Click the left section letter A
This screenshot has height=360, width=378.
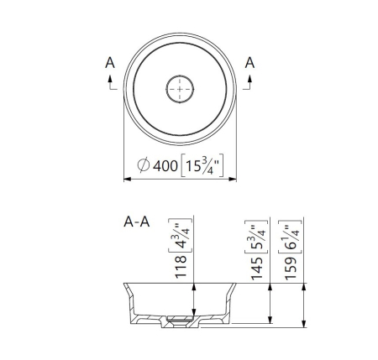pos(110,63)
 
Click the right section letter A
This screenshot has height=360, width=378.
pos(249,63)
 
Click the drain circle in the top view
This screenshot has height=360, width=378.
pos(180,89)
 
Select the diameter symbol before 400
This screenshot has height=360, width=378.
pos(143,165)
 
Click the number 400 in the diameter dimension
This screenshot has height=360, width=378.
pos(165,166)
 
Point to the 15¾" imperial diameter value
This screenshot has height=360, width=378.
pos(202,165)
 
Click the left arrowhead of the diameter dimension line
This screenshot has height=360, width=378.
pos(128,179)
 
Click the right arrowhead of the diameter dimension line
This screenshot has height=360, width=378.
pos(233,179)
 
